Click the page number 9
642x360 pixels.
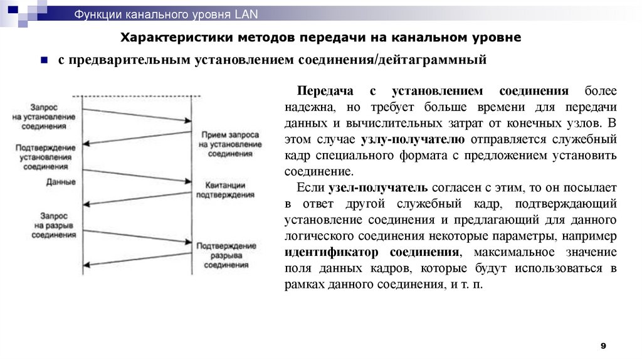(603, 346)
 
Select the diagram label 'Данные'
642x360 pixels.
(61, 182)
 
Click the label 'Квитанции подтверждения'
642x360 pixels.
(225, 191)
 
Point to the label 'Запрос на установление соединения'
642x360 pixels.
(44, 117)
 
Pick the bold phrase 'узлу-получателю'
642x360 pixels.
(413, 139)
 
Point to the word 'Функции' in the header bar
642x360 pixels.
(97, 13)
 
